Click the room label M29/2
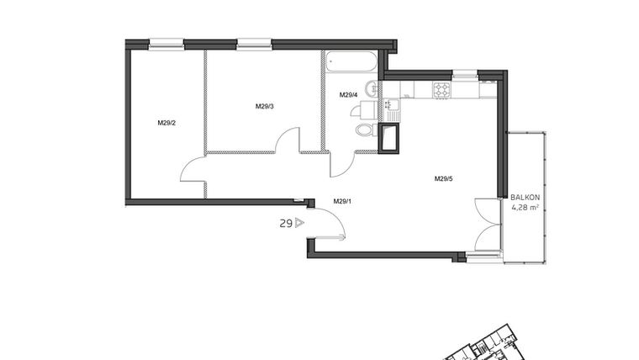[166, 123]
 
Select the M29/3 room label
[265, 106]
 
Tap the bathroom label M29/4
[349, 95]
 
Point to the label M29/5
[444, 178]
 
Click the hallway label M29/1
[341, 201]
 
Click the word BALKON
[525, 198]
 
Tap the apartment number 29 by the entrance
[286, 224]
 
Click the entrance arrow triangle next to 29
[298, 224]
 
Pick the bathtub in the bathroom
[351, 62]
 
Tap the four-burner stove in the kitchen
[442, 88]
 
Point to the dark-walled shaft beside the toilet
[388, 138]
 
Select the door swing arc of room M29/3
[288, 140]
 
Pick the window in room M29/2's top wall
[166, 44]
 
